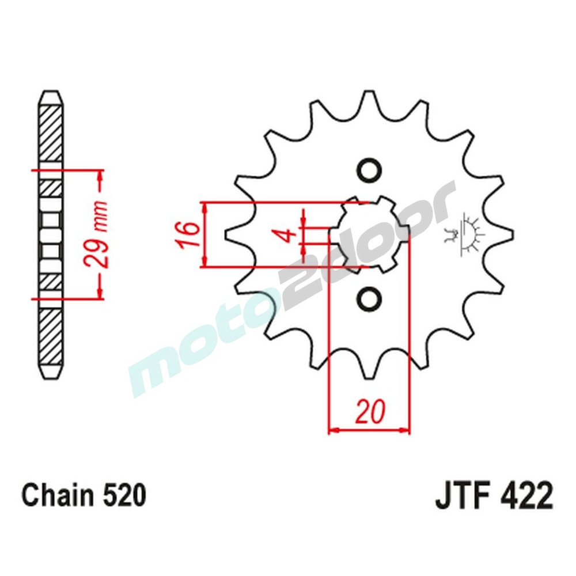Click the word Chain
pyautogui.click(x=56, y=496)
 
